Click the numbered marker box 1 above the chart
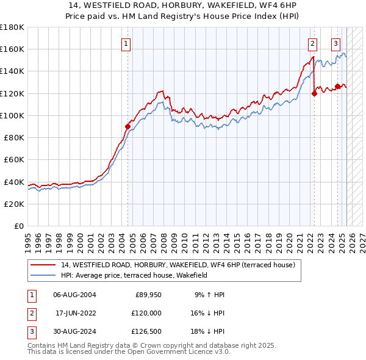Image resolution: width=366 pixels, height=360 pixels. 126,43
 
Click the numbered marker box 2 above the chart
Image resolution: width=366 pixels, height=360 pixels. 312,43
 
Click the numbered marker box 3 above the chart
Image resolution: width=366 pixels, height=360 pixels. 336,43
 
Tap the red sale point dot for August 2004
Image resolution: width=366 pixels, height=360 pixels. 128,126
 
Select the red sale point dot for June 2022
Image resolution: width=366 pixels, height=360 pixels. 315,93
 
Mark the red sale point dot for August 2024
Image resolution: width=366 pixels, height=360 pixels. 337,87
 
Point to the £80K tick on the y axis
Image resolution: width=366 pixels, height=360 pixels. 13,137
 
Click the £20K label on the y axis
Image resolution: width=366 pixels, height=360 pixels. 13,204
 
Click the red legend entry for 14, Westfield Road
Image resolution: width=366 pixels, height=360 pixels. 178,265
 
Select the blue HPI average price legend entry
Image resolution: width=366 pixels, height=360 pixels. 134,275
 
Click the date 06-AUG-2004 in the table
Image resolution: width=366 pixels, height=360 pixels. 74,295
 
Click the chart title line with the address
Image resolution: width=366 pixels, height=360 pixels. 182,7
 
